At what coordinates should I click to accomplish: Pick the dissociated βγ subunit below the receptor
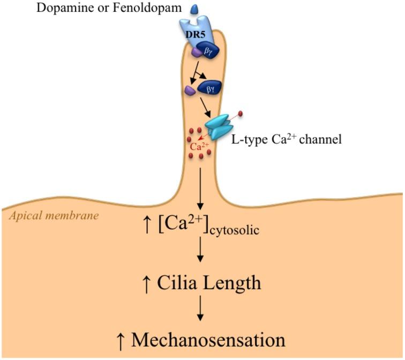pyautogui.click(x=209, y=88)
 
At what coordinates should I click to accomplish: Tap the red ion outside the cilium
pyautogui.click(x=240, y=113)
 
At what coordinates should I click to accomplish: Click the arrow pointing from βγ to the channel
pyautogui.click(x=205, y=107)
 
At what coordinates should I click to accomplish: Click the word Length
pyautogui.click(x=231, y=282)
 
